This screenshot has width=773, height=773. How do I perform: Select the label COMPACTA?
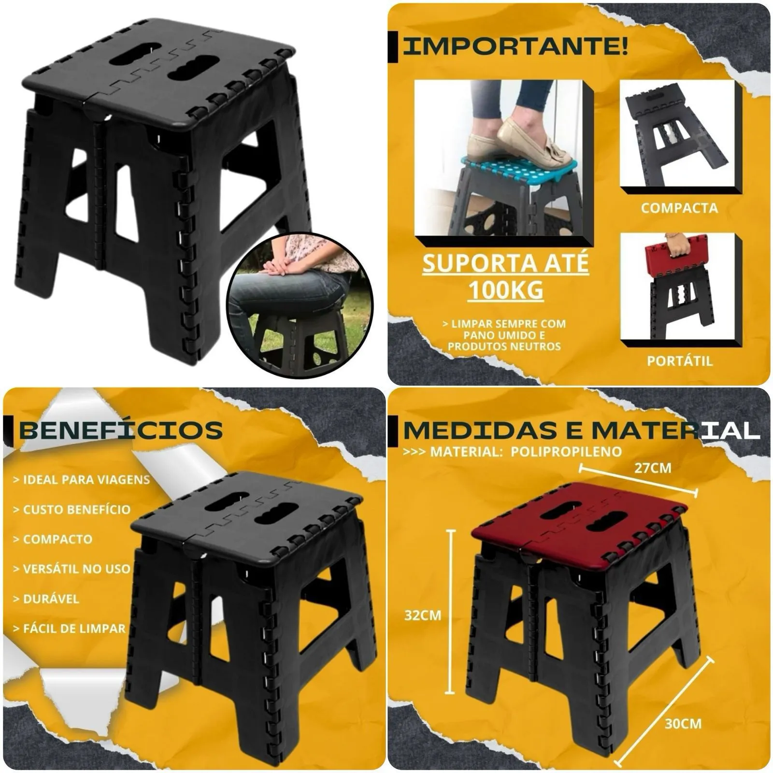tap(679, 208)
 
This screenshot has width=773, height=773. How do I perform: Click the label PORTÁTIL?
tap(679, 361)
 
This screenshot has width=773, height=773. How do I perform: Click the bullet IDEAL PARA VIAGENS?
tap(81, 480)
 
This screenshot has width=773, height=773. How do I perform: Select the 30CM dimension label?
tap(683, 723)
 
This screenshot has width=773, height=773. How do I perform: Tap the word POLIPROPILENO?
tap(566, 452)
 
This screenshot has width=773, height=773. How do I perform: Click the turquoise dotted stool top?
tap(512, 172)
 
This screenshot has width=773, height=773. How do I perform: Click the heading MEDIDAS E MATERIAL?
tap(580, 430)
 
